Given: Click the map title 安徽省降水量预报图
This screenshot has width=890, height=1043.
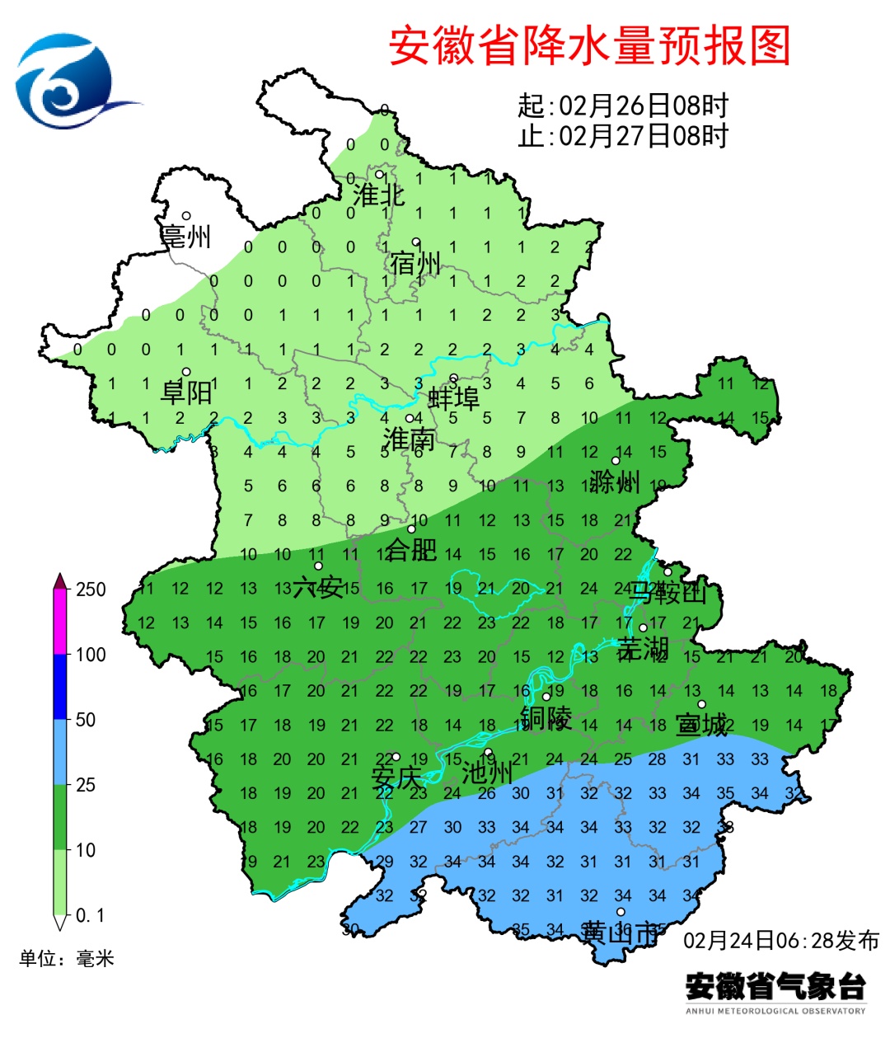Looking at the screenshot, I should tap(589, 45).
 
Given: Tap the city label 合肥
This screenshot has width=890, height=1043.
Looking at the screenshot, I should tap(411, 548).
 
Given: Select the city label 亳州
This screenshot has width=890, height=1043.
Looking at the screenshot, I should tap(186, 236).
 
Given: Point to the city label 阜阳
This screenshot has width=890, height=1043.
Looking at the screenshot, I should tap(186, 392).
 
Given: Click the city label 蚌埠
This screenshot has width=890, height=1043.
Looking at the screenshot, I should tap(453, 398).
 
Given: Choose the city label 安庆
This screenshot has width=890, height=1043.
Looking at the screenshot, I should tap(396, 777).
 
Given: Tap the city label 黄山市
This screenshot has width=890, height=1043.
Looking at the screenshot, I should tap(621, 933).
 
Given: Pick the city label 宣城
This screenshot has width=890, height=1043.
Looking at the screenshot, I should tap(702, 724).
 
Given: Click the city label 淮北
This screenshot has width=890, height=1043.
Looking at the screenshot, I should tap(379, 195).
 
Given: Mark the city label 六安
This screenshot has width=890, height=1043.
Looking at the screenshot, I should tap(318, 587).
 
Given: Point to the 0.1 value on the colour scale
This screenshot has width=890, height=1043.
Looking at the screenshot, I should tap(90, 915).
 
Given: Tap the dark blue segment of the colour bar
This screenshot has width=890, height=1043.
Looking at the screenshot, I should tap(59, 686).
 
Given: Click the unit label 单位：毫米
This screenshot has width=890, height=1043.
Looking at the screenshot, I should tap(67, 958).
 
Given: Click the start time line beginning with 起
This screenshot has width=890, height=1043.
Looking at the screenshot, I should tap(623, 106).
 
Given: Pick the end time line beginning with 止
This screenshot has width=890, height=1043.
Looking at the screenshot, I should tap(623, 135).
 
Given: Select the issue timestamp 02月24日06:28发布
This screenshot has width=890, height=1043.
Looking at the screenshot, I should tap(781, 940).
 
